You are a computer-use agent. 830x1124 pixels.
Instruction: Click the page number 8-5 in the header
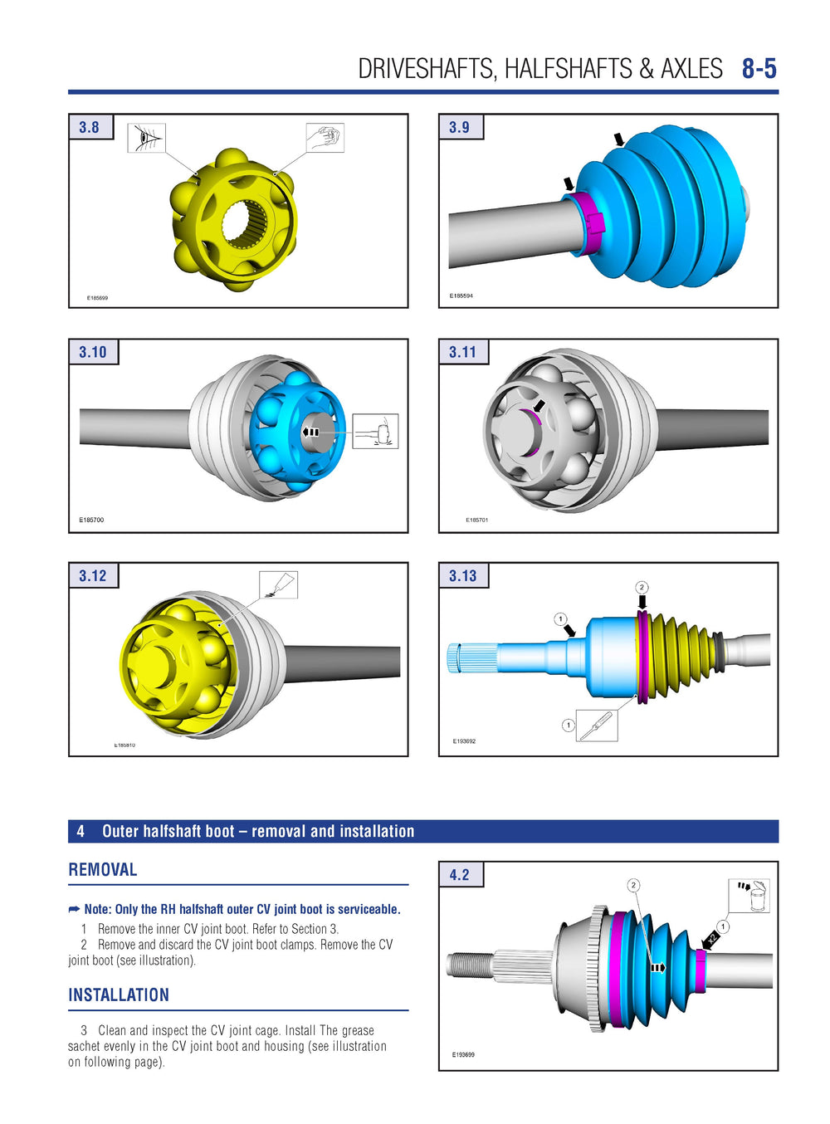click(759, 68)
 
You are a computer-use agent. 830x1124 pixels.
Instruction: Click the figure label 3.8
click(89, 127)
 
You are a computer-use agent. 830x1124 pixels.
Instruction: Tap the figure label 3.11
click(462, 352)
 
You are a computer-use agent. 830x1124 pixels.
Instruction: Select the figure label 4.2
click(459, 875)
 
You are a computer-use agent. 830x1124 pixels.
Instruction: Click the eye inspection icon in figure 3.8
click(146, 138)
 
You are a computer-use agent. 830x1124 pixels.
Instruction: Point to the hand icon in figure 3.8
click(325, 138)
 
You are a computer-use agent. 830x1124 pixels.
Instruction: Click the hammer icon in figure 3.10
click(376, 432)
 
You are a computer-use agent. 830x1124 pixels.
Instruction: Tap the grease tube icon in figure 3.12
click(278, 584)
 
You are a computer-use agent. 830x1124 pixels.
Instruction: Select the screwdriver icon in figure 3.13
click(597, 726)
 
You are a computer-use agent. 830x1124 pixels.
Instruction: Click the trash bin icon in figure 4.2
click(749, 897)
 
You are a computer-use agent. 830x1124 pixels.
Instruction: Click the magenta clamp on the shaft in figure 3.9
click(590, 222)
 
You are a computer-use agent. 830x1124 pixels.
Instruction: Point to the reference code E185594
click(461, 296)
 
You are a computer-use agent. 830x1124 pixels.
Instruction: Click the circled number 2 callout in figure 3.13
click(642, 588)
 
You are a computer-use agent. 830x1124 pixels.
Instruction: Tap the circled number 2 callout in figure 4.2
click(633, 885)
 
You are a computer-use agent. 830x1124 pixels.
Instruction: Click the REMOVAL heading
click(103, 870)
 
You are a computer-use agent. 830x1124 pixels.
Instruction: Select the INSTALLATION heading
click(119, 995)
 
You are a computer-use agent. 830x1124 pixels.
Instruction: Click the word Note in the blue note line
click(98, 910)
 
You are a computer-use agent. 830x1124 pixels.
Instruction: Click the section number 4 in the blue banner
click(81, 831)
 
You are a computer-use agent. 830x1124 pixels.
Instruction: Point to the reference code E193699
click(463, 1054)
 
